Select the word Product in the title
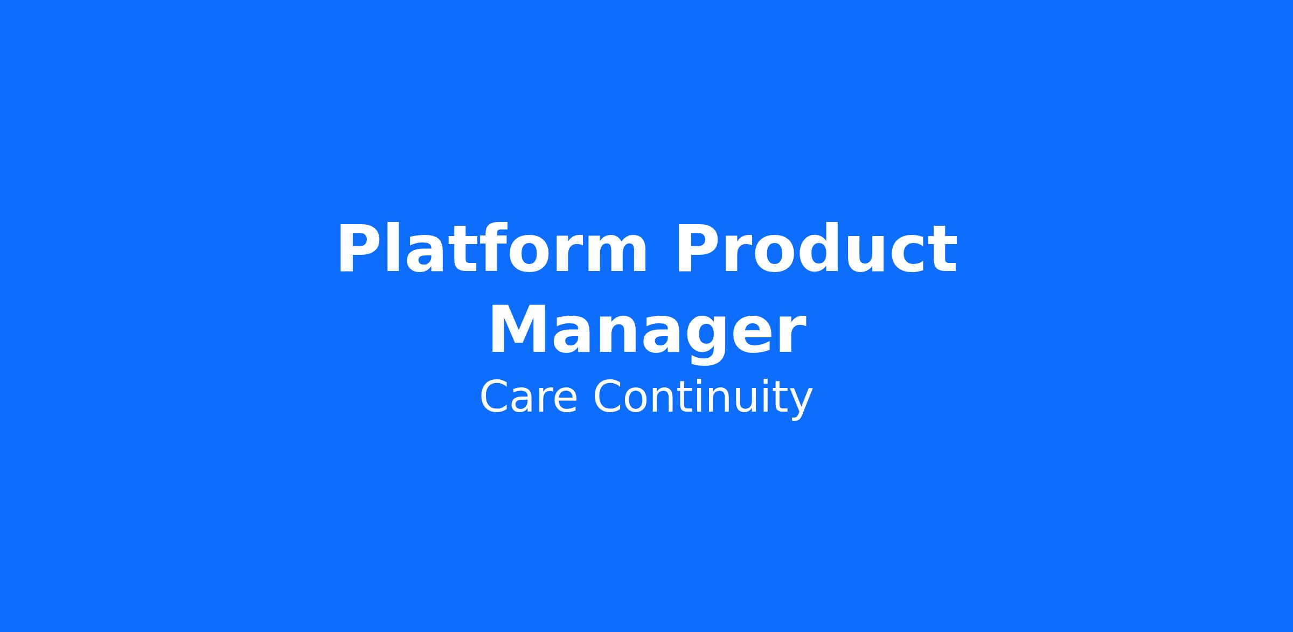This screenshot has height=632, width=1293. pos(817,249)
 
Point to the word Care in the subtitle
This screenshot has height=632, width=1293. pos(528,397)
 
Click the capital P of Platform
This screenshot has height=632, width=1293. pos(360,249)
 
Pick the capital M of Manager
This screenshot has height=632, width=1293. pos(519,329)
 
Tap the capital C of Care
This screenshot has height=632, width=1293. pos(494,397)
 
